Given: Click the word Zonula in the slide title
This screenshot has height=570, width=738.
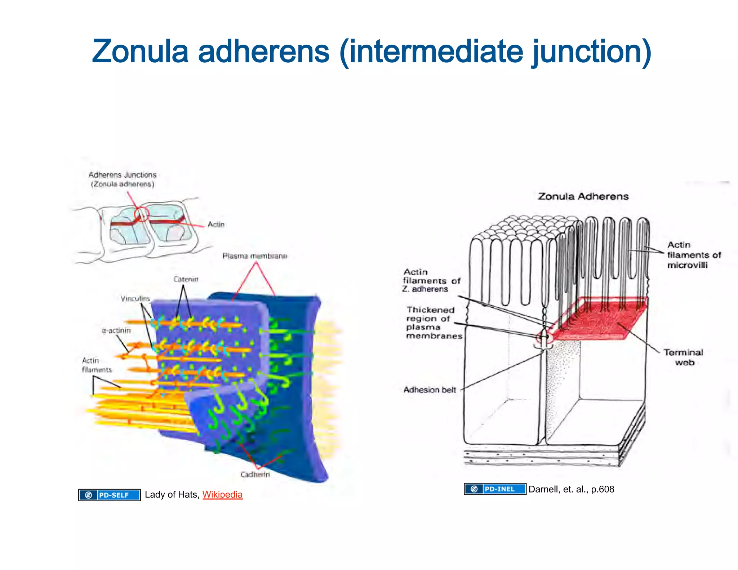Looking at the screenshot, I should [140, 51].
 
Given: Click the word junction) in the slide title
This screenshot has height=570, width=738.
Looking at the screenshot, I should [591, 51].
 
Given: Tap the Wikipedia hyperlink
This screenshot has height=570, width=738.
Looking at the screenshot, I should [222, 494].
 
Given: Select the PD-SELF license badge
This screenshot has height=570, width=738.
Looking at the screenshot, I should [110, 495].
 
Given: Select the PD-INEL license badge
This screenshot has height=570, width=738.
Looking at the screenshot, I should [495, 489].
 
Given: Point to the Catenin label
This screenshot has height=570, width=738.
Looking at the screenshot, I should [186, 279].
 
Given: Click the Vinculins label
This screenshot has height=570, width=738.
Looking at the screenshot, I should [135, 299].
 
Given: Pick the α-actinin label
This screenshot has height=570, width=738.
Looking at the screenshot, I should [116, 330].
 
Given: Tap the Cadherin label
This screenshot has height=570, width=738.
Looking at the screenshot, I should [255, 475].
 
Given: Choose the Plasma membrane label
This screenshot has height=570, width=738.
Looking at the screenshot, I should [255, 256].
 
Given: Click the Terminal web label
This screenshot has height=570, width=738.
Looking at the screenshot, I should [684, 357].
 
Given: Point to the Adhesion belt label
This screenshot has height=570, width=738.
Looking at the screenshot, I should [430, 390].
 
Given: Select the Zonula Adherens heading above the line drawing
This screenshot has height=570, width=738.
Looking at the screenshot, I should [583, 196].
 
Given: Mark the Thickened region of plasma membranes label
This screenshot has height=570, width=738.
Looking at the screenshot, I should [434, 323].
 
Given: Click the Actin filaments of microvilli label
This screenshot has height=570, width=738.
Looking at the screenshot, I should [693, 255].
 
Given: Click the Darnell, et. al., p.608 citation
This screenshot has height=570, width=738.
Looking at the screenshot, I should [571, 489].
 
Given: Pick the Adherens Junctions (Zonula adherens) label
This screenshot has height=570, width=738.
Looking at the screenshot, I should [123, 179].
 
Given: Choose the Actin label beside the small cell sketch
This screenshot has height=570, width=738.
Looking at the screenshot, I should [216, 224].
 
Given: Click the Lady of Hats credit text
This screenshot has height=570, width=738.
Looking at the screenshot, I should [172, 494].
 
